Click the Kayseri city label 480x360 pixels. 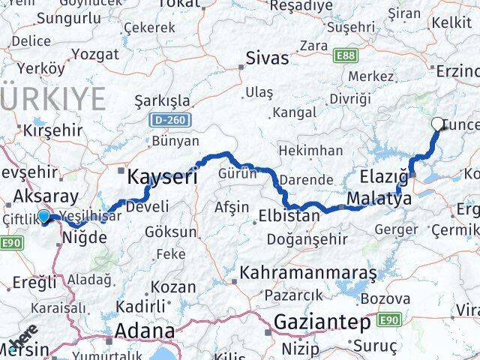click(x=162, y=177)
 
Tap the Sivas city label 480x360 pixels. click(x=268, y=57)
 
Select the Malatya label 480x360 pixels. click(x=379, y=200)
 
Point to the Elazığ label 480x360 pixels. click(x=384, y=177)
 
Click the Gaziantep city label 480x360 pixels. click(x=322, y=322)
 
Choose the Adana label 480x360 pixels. click(x=145, y=330)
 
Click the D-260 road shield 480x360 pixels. click(x=171, y=119)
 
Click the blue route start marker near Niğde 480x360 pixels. click(x=44, y=217)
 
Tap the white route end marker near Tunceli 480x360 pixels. click(x=438, y=124)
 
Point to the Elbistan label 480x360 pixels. click(x=289, y=216)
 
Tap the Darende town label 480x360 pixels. click(x=305, y=180)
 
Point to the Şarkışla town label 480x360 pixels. click(x=161, y=100)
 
